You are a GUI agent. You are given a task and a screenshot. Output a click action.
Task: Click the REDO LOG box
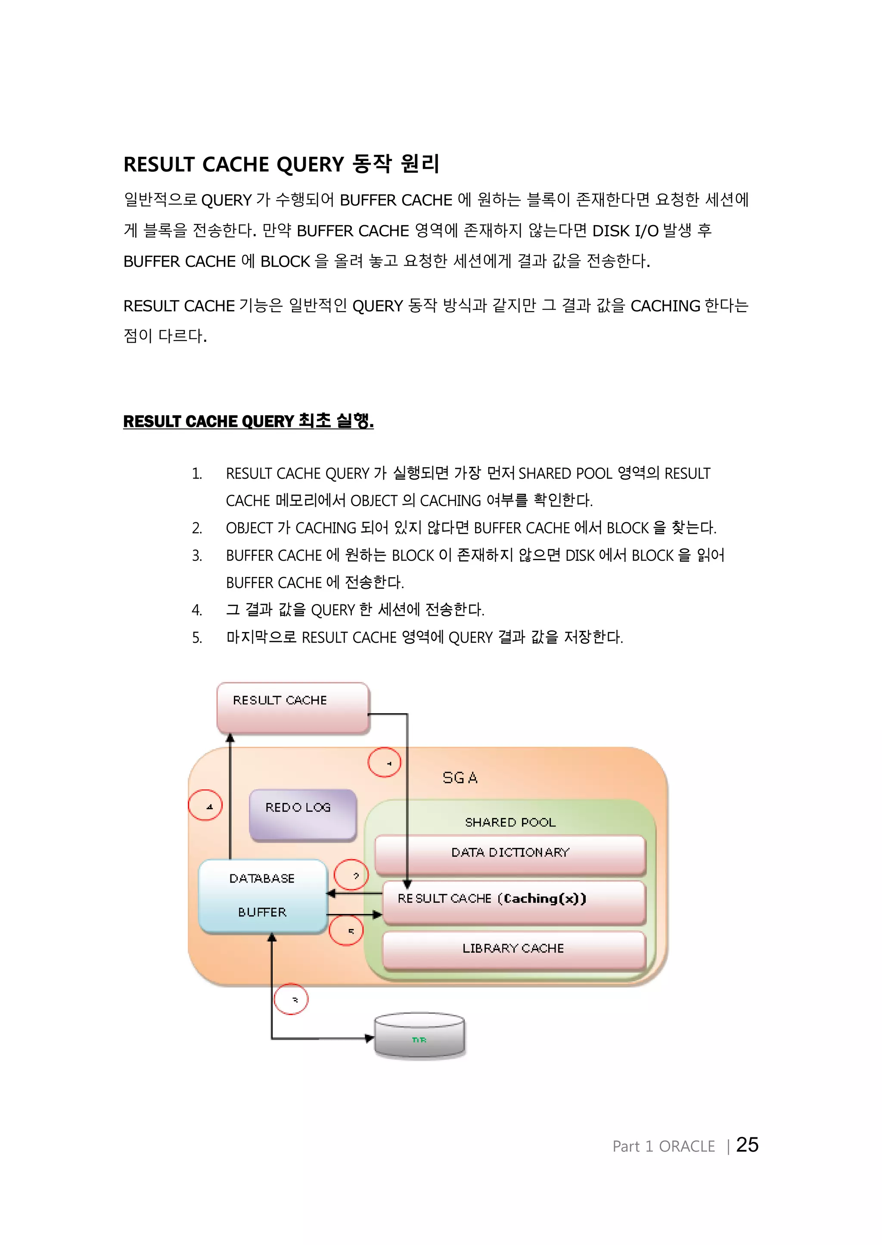point(302,814)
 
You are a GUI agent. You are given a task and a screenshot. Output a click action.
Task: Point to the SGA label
point(460,778)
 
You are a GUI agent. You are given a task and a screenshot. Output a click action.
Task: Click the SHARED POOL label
point(510,823)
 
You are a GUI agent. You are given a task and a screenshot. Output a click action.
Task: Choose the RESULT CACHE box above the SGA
point(293,707)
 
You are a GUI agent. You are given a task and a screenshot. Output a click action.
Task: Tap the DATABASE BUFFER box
point(262,896)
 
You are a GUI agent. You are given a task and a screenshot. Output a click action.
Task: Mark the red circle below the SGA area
point(291,999)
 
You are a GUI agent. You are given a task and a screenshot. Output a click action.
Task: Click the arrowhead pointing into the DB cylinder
point(370,1039)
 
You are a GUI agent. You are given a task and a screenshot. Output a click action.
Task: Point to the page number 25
point(747,1145)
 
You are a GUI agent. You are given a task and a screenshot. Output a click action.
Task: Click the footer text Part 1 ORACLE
point(663,1146)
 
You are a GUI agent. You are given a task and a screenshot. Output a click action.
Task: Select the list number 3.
point(197,556)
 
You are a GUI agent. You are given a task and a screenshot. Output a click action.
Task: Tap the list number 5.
point(197,638)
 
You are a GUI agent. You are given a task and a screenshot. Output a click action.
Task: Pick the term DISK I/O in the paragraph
point(624,231)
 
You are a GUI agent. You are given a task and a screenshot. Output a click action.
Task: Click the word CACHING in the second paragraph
point(665,306)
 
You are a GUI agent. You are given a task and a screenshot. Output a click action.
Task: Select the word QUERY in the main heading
point(310,164)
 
